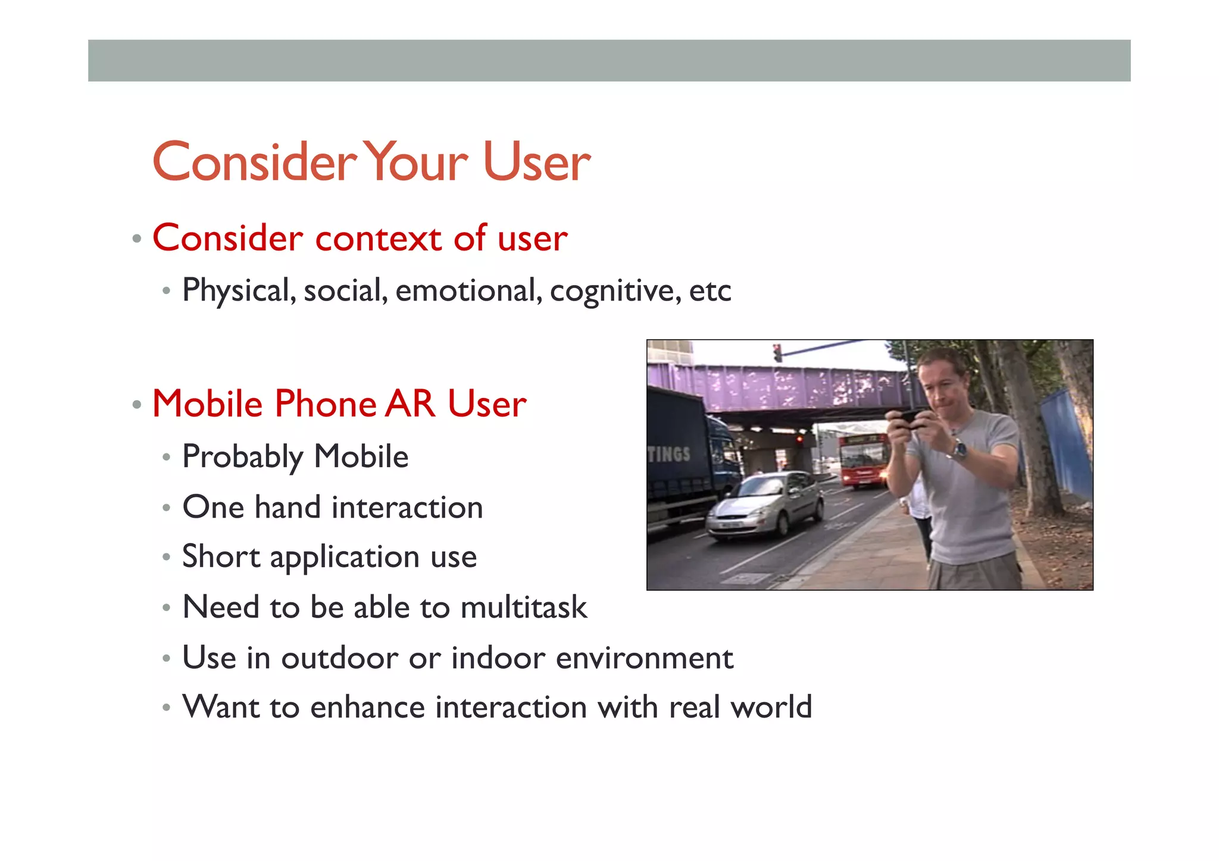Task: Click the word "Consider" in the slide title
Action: (x=255, y=162)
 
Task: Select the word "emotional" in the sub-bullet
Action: (x=468, y=291)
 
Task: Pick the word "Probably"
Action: (x=243, y=457)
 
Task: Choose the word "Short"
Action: (x=221, y=557)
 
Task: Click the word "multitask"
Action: (x=523, y=608)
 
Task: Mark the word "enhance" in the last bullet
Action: (x=367, y=707)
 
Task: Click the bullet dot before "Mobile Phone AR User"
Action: (x=137, y=405)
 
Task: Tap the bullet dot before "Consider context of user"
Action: (x=137, y=239)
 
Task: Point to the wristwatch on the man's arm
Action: (x=959, y=449)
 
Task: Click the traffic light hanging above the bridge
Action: (x=777, y=353)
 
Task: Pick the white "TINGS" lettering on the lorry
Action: (x=669, y=455)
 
